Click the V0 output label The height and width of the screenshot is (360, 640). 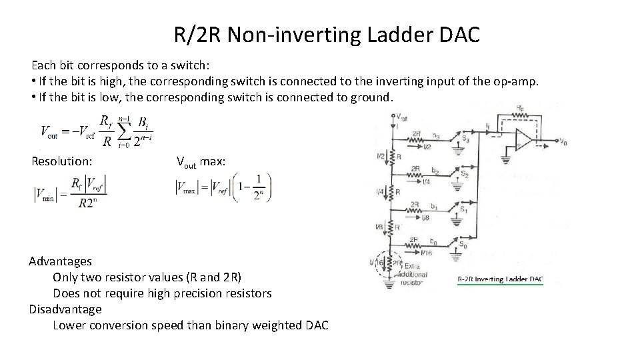tap(563, 142)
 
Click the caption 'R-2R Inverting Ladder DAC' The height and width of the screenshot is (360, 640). tap(499, 279)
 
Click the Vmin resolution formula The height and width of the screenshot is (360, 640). tap(71, 191)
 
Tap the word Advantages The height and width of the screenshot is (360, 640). tap(61, 261)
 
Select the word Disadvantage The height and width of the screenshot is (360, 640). tap(65, 309)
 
